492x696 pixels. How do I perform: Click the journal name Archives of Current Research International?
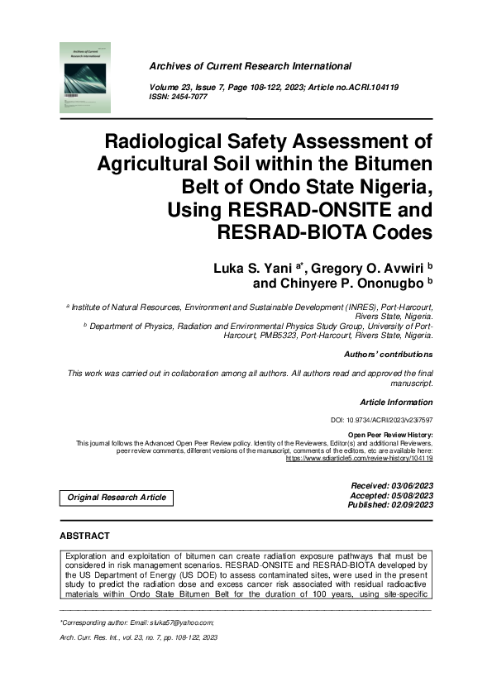[250, 66]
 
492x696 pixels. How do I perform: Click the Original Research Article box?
[116, 498]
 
